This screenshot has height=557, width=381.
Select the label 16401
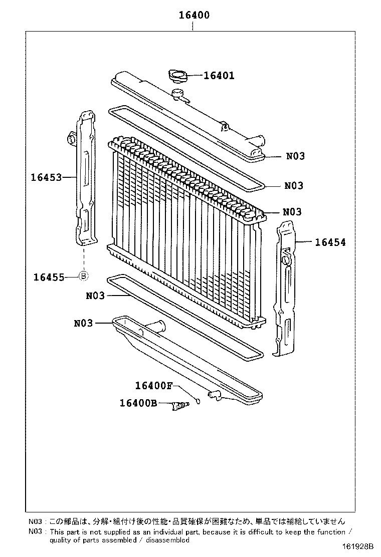click(219, 76)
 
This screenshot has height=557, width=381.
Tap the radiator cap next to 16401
click(177, 76)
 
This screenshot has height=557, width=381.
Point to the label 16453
click(46, 177)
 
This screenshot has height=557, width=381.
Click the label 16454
click(330, 242)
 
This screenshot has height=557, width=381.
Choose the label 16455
click(49, 276)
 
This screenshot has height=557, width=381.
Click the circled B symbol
click(84, 276)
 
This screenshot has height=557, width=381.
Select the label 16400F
click(153, 386)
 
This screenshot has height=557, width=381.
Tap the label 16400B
click(138, 403)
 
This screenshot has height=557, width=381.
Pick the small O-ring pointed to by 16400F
click(199, 401)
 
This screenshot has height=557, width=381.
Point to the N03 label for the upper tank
click(295, 156)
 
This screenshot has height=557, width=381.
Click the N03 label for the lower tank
click(83, 323)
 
